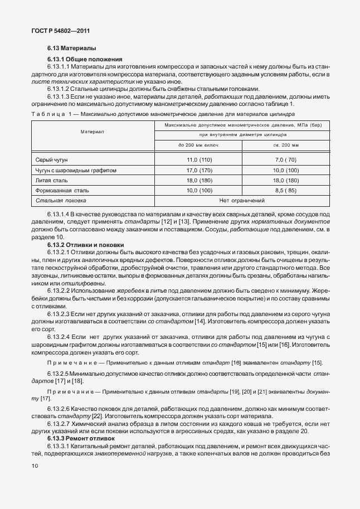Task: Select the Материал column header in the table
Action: click(92, 132)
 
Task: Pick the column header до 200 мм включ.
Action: click(199, 145)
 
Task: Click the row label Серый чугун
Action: click(52, 160)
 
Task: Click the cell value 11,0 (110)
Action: click(199, 160)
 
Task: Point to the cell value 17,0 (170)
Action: click(199, 170)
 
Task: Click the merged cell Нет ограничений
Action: click(242, 200)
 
